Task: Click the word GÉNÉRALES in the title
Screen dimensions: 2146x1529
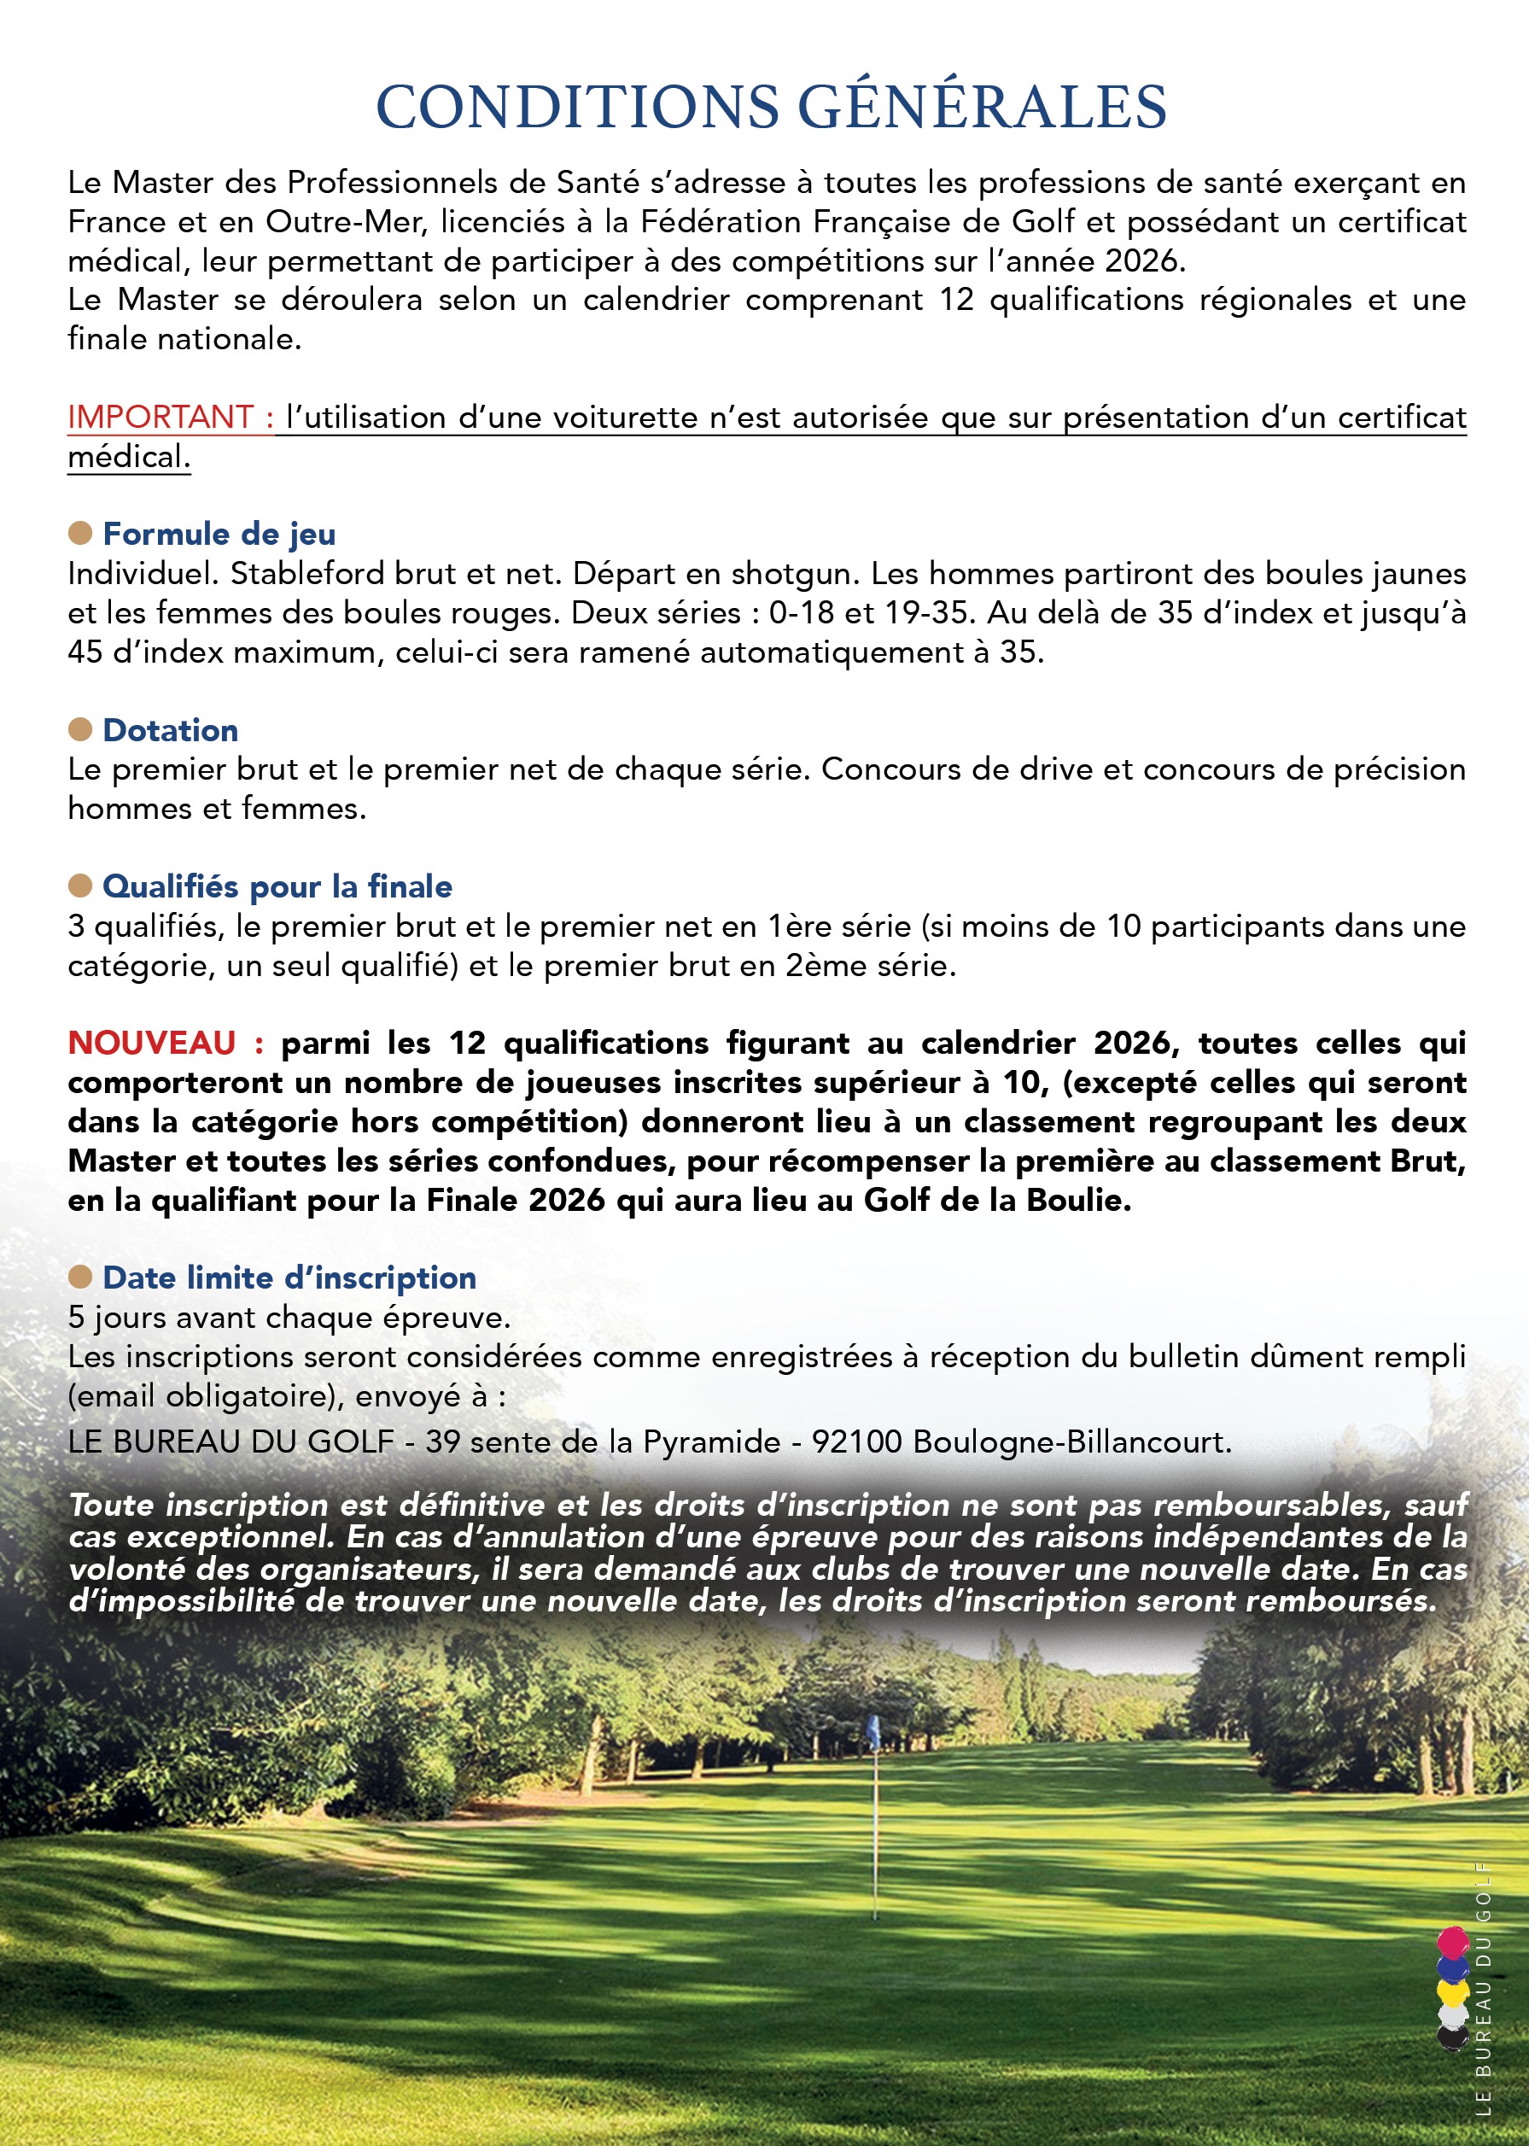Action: click(983, 107)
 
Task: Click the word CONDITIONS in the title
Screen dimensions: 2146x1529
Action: click(577, 107)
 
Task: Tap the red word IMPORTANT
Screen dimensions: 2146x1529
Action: click(161, 417)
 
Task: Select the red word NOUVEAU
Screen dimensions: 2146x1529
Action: click(152, 1044)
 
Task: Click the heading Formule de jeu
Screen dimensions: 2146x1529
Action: click(219, 534)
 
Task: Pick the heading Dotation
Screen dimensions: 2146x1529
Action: click(171, 730)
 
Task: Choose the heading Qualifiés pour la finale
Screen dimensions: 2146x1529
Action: click(277, 886)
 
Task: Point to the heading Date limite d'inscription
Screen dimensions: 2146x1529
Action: click(289, 1278)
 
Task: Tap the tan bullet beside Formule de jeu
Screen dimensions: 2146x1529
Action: click(80, 533)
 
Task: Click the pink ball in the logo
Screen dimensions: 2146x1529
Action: click(1453, 1941)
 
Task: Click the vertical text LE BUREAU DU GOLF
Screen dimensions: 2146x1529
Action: click(1484, 1987)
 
